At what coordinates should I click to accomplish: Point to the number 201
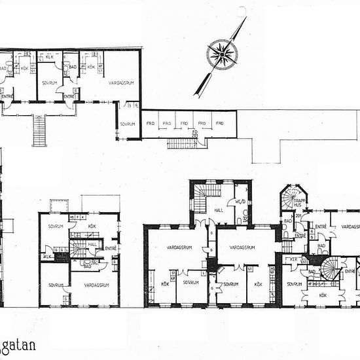[x=298, y=216]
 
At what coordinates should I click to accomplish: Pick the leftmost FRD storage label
[x=150, y=123]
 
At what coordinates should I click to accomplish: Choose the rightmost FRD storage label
[x=221, y=123]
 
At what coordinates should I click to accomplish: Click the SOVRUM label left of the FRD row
[x=128, y=123]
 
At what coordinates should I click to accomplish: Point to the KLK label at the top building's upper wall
[x=50, y=56]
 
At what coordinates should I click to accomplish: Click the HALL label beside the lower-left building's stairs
[x=93, y=243]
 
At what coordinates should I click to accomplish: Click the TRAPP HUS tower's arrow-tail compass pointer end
[x=200, y=91]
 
